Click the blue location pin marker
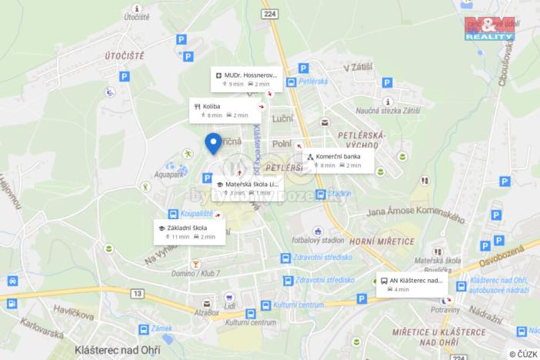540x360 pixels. [x=213, y=143]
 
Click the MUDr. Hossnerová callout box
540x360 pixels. [x=246, y=78]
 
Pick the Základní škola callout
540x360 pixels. [x=190, y=232]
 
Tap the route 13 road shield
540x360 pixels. [x=138, y=293]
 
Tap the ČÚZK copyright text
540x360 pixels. [x=522, y=354]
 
